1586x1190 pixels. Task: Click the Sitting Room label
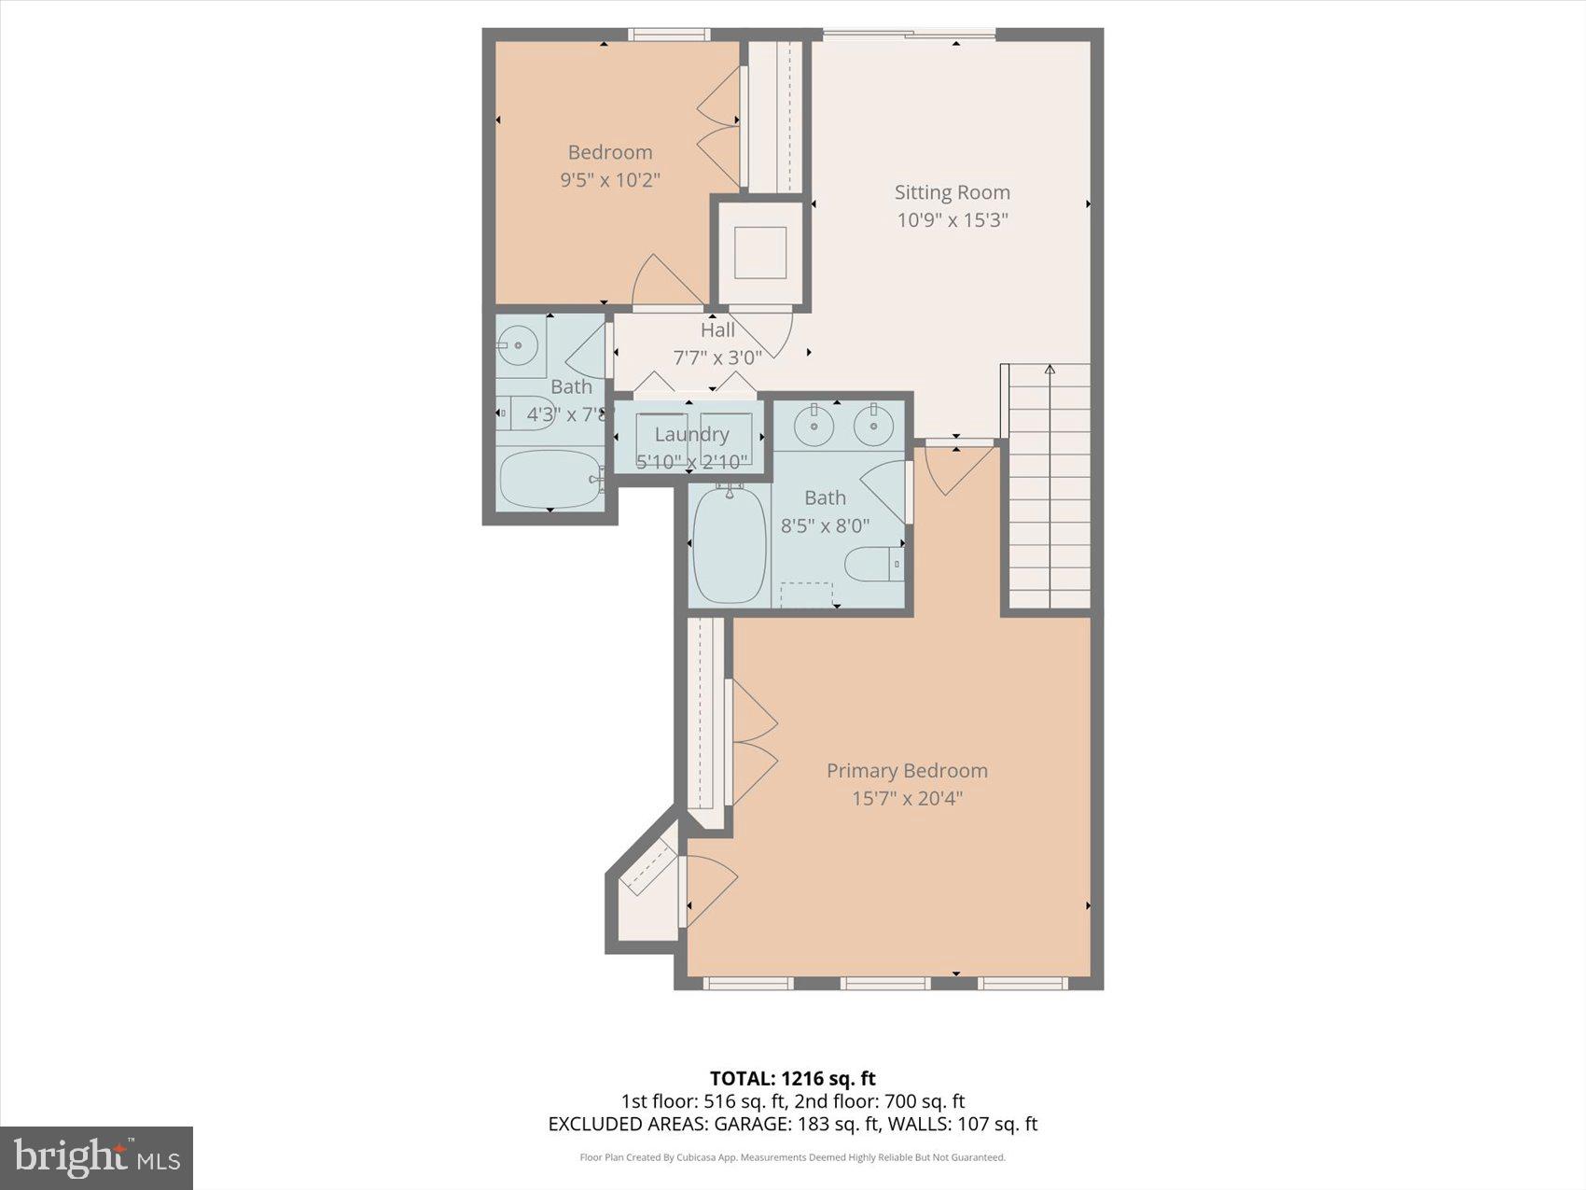point(952,192)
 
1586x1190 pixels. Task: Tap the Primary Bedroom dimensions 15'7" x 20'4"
point(906,798)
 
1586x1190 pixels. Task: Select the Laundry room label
point(690,434)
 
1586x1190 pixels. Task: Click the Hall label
point(717,329)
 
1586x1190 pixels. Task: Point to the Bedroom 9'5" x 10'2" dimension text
point(609,179)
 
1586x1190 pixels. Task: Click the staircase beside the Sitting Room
point(1050,485)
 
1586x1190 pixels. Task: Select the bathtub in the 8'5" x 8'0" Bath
point(730,545)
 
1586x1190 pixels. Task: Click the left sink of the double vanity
point(814,427)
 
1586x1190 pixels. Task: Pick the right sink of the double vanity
point(874,427)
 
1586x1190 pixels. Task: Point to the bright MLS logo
point(97,1157)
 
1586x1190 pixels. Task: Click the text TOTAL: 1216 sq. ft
point(792,1079)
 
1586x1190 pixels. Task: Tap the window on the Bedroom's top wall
point(668,35)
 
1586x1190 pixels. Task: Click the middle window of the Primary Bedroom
point(884,983)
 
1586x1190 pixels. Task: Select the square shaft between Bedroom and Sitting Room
point(760,252)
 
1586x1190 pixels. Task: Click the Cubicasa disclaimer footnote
point(792,1157)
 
